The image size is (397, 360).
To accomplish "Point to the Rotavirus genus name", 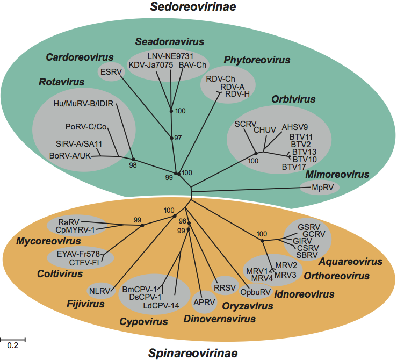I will [x=61, y=82].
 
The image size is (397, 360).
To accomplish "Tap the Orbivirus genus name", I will [x=293, y=99].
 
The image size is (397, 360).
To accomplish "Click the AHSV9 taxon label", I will [x=295, y=128].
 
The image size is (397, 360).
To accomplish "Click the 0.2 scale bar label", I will [x=12, y=345].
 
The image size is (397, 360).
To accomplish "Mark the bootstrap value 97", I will [x=178, y=138].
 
